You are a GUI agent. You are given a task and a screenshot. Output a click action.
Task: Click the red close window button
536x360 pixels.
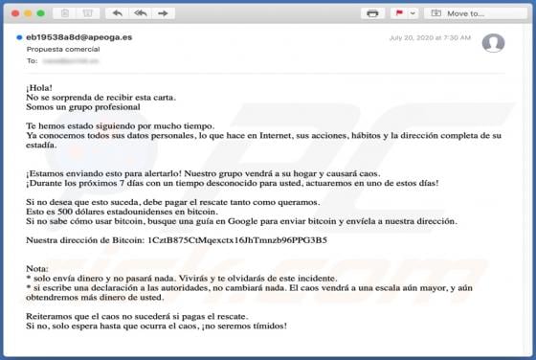(16, 13)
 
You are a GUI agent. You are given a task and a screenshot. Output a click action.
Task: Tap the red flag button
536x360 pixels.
(399, 13)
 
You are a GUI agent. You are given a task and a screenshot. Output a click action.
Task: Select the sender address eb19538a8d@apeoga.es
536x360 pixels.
(78, 37)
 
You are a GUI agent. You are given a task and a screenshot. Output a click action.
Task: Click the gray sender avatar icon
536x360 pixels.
(493, 43)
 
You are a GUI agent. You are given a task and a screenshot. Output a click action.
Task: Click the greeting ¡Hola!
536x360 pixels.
(39, 88)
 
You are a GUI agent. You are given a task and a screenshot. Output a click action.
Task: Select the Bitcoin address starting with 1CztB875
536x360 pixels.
(237, 239)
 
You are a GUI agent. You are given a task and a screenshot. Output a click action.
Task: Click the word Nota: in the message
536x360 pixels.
(37, 268)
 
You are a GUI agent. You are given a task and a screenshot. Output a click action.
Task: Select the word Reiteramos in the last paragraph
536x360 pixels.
(50, 316)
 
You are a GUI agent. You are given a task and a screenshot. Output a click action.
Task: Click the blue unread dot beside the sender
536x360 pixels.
(19, 37)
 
